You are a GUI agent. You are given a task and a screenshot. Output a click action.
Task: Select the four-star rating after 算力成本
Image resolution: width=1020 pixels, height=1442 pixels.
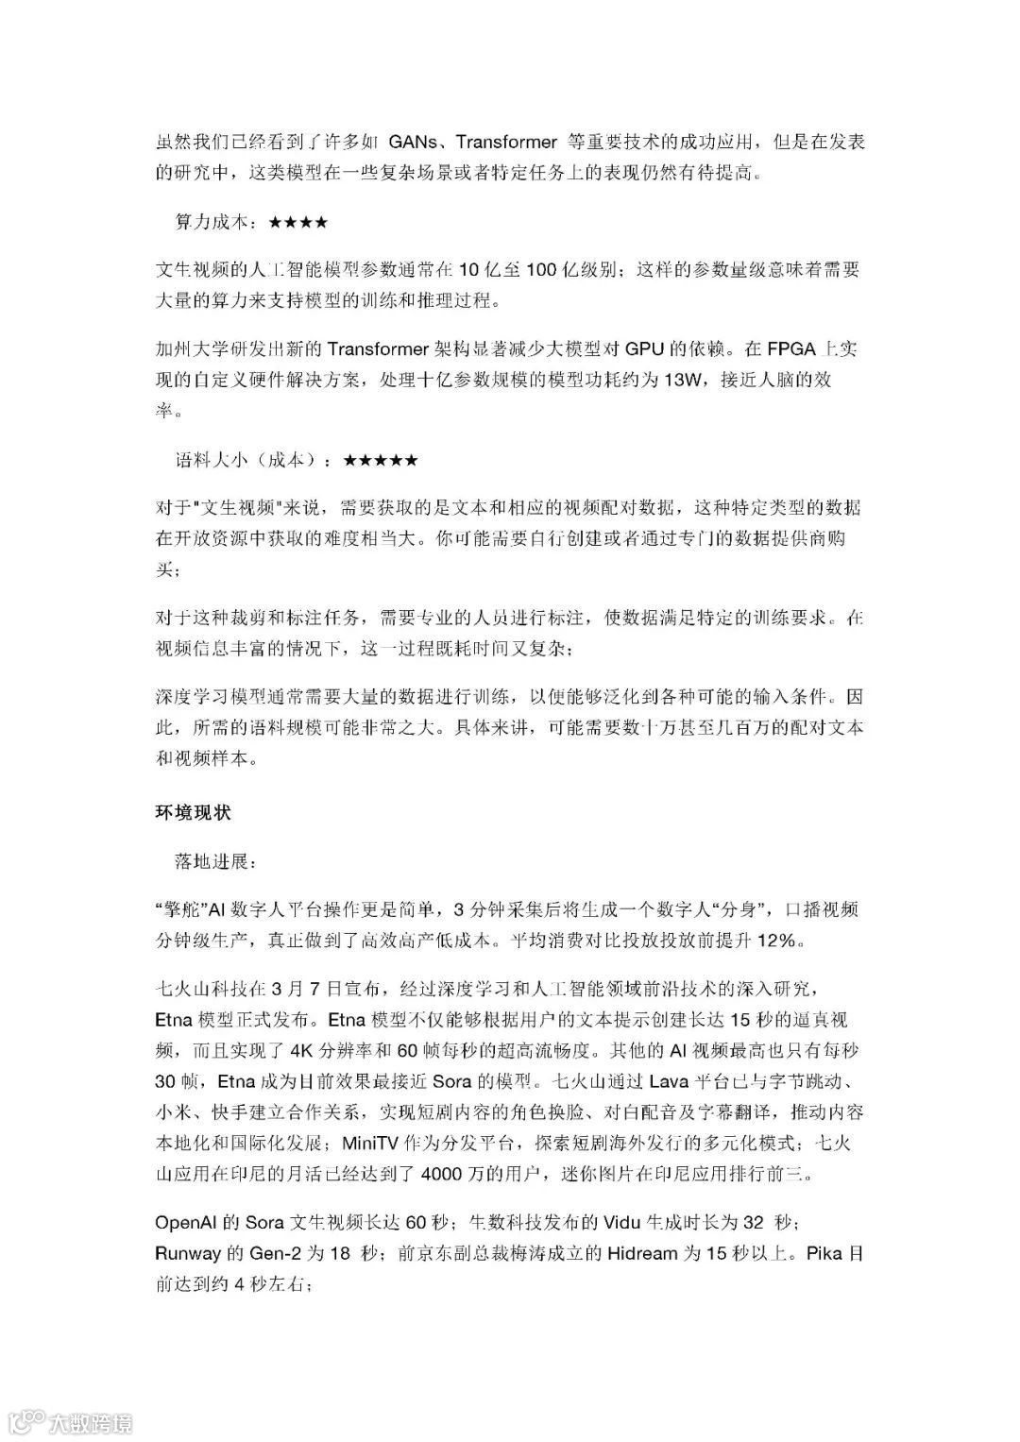[298, 223]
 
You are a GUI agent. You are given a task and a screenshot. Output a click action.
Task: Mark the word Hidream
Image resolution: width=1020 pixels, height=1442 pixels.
[642, 1254]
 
